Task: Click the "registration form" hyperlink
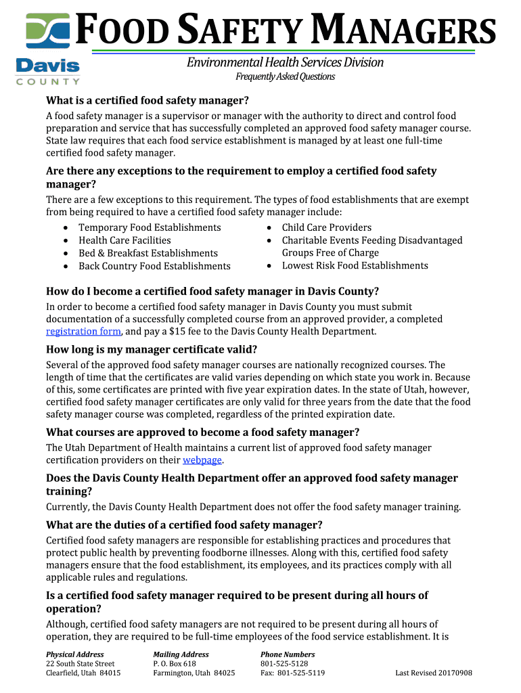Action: pos(83,332)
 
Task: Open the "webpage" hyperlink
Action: pos(202,460)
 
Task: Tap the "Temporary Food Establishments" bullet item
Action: pos(150,227)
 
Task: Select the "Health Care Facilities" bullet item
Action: pos(124,240)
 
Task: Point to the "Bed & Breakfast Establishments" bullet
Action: pos(148,253)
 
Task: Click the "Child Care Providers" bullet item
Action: pos(326,227)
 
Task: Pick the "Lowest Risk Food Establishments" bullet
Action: pos(355,265)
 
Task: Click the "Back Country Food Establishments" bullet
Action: pos(154,266)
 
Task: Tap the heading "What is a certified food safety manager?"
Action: pos(148,101)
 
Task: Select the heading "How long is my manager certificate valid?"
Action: pos(152,349)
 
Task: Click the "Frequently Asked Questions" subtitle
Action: pos(285,76)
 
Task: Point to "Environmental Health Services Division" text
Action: pos(285,62)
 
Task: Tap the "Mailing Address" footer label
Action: pos(181,654)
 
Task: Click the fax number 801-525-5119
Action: pos(293,673)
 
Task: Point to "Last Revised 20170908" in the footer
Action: pos(433,673)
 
